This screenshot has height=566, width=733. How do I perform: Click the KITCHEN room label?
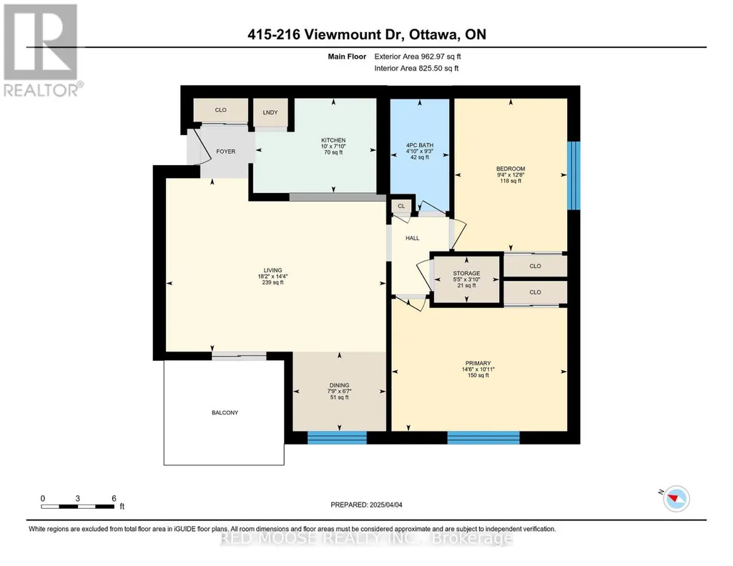(333, 140)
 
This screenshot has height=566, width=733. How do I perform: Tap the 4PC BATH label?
(420, 145)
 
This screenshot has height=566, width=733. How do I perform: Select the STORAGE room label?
(466, 273)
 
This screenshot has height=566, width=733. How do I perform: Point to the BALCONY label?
(225, 413)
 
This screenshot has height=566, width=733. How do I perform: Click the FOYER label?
(226, 152)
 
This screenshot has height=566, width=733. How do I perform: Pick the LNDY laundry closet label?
(270, 112)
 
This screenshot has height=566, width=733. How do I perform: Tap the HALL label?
(413, 238)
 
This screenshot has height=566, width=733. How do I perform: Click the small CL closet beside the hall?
(402, 206)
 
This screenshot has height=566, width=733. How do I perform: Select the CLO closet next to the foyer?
(221, 111)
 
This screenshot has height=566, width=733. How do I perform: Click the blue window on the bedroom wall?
(574, 176)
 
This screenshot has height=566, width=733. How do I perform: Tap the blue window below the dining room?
(337, 437)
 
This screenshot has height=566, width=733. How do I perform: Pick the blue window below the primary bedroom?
(483, 437)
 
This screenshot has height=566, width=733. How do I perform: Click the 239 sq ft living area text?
(273, 282)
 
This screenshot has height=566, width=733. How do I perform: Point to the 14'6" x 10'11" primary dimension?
(478, 369)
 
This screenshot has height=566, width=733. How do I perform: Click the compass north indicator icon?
(676, 498)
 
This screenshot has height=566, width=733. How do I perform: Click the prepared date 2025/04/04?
(386, 505)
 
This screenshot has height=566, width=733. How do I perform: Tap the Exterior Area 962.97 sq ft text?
(418, 56)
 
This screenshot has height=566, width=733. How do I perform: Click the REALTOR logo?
(42, 51)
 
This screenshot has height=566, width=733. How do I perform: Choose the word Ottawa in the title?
(434, 34)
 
